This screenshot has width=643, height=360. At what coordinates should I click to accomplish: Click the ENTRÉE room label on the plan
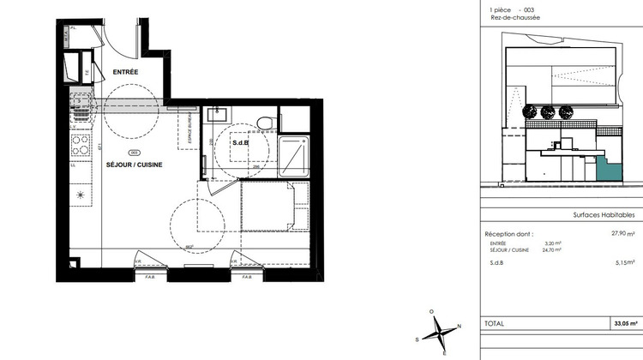[125, 72]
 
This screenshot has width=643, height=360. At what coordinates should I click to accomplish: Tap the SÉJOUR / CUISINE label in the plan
[135, 164]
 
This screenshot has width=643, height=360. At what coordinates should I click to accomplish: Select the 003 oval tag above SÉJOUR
[134, 152]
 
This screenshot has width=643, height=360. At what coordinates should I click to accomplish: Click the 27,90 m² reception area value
[622, 233]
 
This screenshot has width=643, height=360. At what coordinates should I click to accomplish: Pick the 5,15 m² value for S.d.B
[622, 262]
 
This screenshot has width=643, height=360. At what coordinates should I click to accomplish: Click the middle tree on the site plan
[546, 111]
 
